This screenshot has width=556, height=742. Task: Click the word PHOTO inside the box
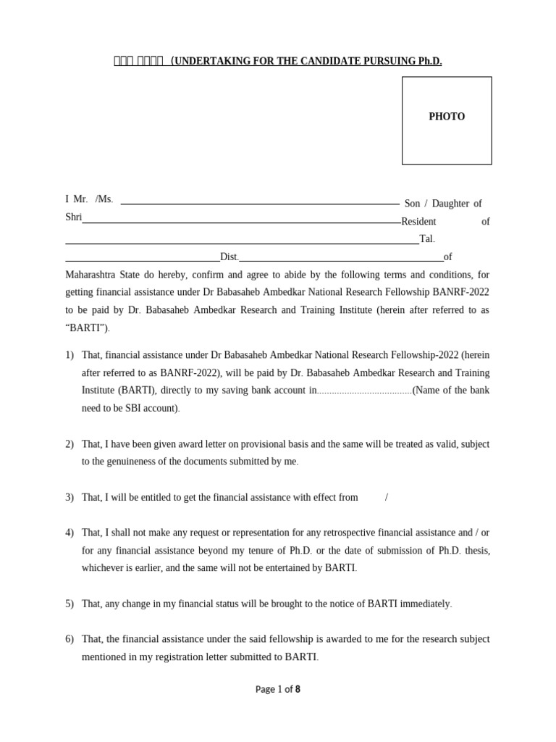coord(447,117)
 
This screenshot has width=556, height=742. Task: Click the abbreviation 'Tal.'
coord(427,239)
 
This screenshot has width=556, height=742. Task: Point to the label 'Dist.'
coord(229,257)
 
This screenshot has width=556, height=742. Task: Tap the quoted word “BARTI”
coord(88,328)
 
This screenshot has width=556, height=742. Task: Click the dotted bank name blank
coord(364,391)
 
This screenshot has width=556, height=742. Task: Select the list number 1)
coord(69,355)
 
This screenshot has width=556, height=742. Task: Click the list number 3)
coord(69,497)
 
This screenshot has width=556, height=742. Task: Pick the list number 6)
coord(69,639)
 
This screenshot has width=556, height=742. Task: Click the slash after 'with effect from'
coord(387,497)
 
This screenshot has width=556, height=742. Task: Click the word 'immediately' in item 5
coord(424,604)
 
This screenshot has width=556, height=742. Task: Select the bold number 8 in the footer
coord(298,689)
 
